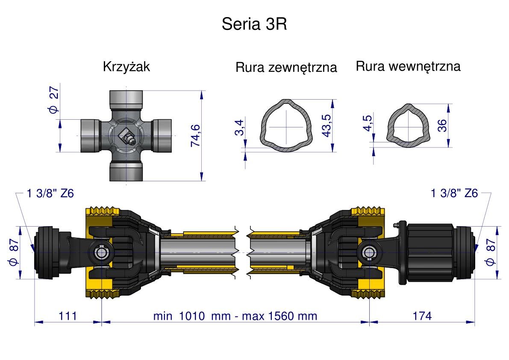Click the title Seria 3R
click(x=254, y=24)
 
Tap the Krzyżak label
click(x=127, y=67)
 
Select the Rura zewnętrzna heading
click(x=286, y=68)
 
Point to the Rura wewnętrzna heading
click(x=408, y=66)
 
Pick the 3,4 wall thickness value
click(x=239, y=128)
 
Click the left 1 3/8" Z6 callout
click(x=50, y=194)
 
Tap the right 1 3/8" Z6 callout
click(x=454, y=194)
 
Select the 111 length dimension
click(x=68, y=316)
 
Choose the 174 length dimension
click(x=422, y=316)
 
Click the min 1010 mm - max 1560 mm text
click(x=235, y=316)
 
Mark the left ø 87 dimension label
click(x=13, y=252)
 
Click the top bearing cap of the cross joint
click(x=126, y=100)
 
